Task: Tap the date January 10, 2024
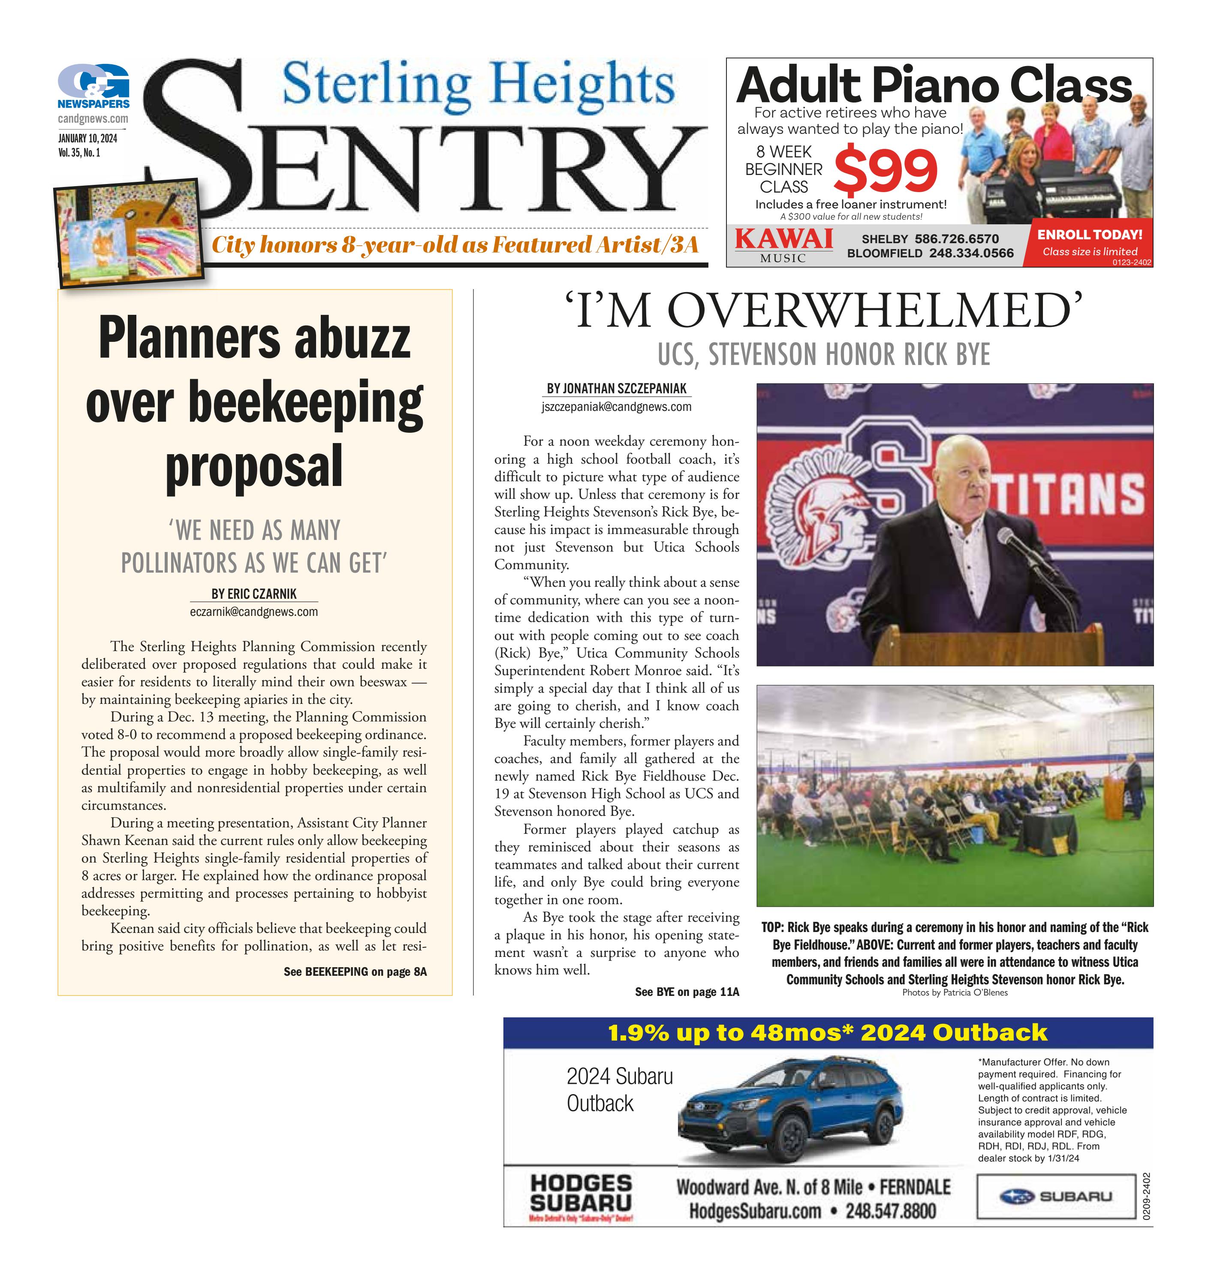pyautogui.click(x=87, y=139)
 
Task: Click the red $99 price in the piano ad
pyautogui.click(x=886, y=171)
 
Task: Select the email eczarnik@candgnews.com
pyautogui.click(x=254, y=612)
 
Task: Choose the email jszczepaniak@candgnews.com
pyautogui.click(x=617, y=407)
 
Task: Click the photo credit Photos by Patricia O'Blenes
pyautogui.click(x=955, y=993)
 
